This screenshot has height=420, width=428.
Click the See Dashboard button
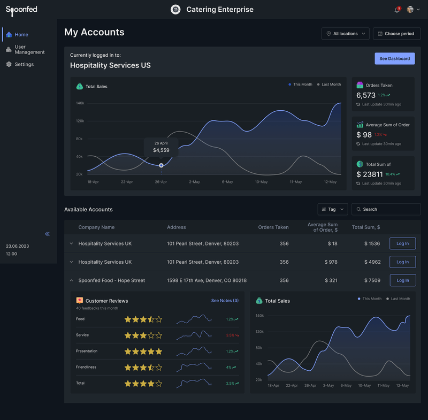[x=394, y=58]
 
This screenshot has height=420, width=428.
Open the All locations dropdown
[x=345, y=34]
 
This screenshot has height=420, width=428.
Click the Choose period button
[x=396, y=34]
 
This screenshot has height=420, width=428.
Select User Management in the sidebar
[x=29, y=50]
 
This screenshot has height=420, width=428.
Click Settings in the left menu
[x=24, y=64]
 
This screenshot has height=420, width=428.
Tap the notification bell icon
[x=397, y=10]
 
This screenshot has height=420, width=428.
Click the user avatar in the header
[x=410, y=10]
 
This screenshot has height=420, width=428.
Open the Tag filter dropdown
[x=332, y=209]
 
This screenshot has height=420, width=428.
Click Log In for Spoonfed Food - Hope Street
[x=402, y=280]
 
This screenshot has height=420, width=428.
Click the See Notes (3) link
[x=225, y=301]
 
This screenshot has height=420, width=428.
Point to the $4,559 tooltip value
[x=161, y=150]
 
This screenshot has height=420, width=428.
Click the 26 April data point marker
[x=161, y=165]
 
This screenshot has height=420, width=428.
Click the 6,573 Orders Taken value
[x=366, y=95]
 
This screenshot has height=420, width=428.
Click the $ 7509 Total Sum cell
[x=372, y=280]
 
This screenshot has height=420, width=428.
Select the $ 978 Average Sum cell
[x=330, y=262]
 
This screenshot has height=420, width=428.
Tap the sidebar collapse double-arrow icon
[x=47, y=234]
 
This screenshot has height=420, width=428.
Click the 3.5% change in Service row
[x=230, y=335]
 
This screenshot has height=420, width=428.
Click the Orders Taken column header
[x=273, y=227]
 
